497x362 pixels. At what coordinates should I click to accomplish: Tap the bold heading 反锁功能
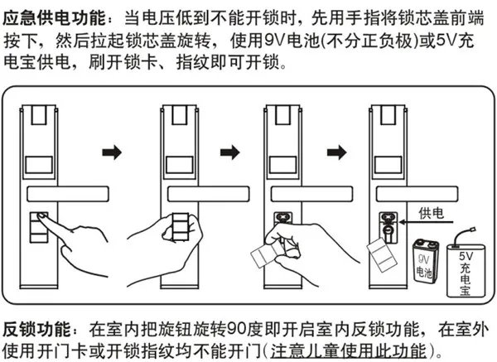[x=37, y=328]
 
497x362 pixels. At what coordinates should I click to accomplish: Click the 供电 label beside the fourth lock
[x=433, y=213]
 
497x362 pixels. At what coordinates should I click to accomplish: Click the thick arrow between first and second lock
[x=110, y=152]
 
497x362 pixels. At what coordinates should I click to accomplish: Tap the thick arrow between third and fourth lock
[x=338, y=152]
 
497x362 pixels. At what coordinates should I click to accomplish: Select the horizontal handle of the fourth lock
[x=418, y=194]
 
